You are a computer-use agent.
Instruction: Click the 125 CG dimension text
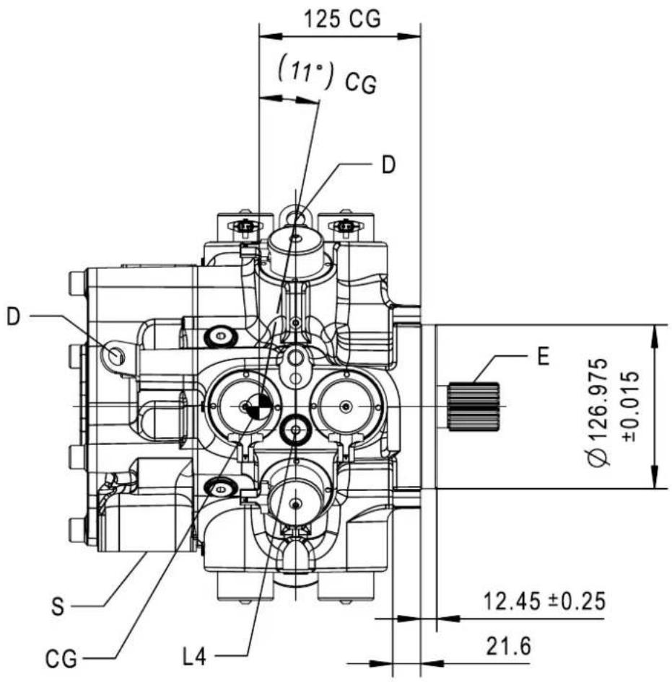coord(342,19)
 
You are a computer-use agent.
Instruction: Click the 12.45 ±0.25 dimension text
coord(544,602)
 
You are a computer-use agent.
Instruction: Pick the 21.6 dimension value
coord(509,647)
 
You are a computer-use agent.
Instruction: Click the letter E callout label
coord(543,357)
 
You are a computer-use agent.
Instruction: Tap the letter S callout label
coord(58,607)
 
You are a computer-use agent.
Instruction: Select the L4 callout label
coord(194,657)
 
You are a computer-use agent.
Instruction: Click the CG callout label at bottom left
coord(61,660)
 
